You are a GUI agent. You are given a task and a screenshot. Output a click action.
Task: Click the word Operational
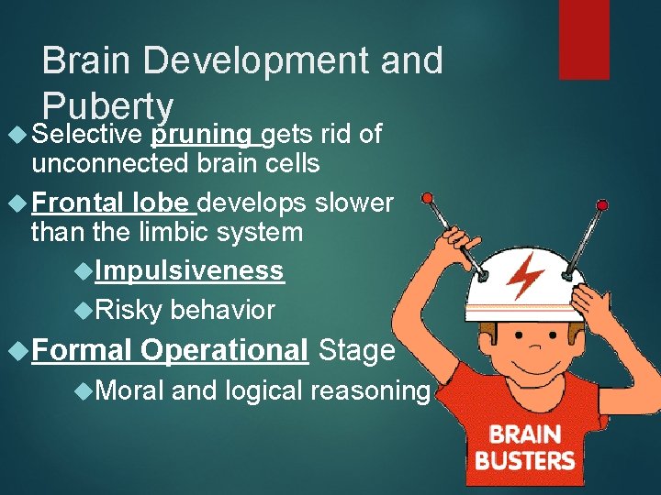pyautogui.click(x=225, y=350)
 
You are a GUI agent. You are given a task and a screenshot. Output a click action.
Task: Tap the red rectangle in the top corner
pyautogui.click(x=584, y=38)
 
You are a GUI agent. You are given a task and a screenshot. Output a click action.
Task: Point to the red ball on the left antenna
pyautogui.click(x=425, y=198)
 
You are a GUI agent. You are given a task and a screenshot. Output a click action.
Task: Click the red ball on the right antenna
pyautogui.click(x=601, y=203)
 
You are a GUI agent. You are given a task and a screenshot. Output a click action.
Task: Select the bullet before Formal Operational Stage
pyautogui.click(x=15, y=350)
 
